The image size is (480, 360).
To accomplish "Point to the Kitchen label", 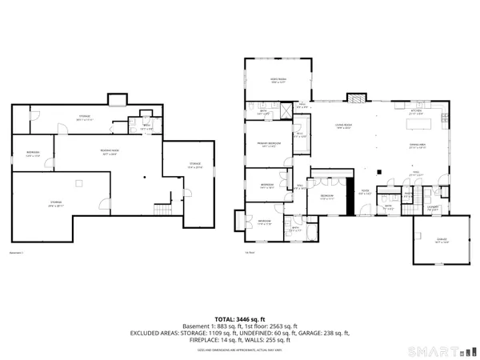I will coord(415,113).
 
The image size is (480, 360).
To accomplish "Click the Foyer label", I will coord(364,193).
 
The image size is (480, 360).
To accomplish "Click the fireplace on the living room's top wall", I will coord(354,98).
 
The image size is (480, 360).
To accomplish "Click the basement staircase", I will coord(164,210).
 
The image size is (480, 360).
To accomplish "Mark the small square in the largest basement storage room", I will coord(78,183).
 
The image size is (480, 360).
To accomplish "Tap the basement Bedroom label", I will coord(34,153).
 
